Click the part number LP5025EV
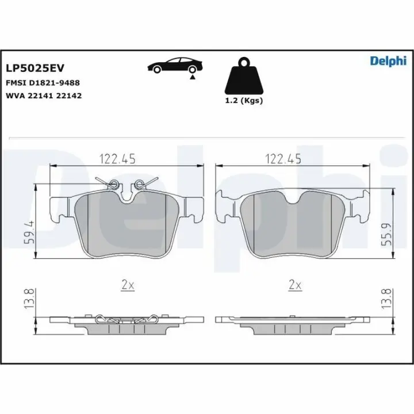(35, 68)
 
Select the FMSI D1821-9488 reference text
(43, 83)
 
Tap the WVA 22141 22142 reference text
(44, 95)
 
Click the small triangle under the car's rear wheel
(193, 77)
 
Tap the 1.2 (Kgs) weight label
(244, 101)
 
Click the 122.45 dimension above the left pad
(117, 159)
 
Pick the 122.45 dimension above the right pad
(283, 159)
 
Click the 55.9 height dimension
(387, 234)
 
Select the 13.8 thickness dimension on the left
(29, 298)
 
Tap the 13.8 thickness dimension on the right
(386, 298)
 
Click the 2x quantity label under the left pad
(128, 285)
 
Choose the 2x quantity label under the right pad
(295, 285)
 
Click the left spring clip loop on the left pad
(114, 184)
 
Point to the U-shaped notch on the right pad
(293, 197)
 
